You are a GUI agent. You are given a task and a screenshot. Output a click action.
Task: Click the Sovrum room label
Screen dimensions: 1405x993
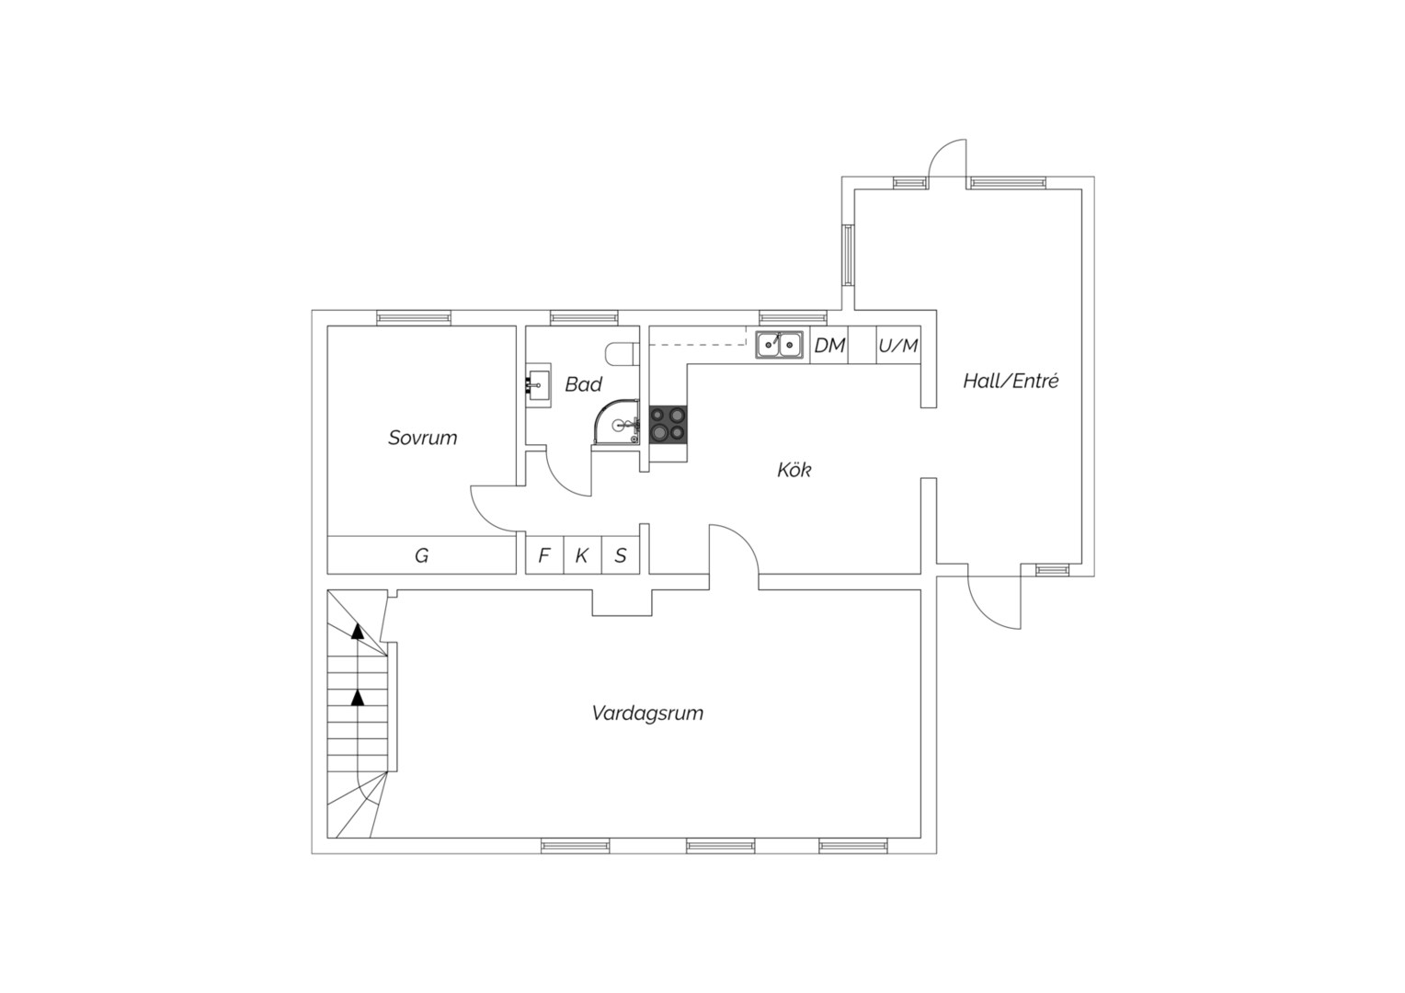click(422, 438)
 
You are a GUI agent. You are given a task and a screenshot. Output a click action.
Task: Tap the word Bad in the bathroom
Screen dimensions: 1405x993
click(583, 384)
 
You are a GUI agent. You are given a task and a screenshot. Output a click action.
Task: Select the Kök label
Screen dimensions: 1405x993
click(794, 469)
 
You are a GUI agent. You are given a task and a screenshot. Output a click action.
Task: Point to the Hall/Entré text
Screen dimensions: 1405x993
click(1011, 381)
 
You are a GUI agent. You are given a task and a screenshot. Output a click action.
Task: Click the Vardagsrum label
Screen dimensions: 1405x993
click(647, 713)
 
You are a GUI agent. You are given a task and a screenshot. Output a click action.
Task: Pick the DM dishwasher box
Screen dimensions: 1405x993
click(829, 345)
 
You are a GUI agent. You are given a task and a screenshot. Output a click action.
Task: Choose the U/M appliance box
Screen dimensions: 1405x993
click(898, 345)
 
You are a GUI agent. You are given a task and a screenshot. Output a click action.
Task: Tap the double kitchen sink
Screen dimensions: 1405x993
click(779, 345)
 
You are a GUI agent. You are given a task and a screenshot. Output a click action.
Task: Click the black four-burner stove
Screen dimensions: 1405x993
click(668, 425)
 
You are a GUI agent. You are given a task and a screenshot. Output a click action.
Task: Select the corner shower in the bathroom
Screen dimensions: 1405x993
click(617, 423)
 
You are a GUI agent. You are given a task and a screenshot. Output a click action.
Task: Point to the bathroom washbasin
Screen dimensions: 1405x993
click(538, 384)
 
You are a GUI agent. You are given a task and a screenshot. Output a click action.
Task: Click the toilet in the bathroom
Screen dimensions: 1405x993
click(623, 353)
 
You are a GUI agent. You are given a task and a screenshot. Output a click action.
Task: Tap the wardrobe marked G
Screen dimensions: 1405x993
click(421, 555)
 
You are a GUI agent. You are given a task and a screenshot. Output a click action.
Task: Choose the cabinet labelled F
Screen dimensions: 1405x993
click(544, 555)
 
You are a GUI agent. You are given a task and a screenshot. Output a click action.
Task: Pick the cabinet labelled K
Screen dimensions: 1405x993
click(582, 555)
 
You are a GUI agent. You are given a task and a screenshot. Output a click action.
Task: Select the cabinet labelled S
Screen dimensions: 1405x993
click(621, 555)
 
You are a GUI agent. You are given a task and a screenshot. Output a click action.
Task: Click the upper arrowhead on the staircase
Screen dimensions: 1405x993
click(358, 631)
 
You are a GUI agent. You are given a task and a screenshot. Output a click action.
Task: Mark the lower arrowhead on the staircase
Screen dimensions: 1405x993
click(358, 697)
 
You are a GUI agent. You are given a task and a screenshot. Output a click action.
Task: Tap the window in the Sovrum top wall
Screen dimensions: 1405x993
click(414, 317)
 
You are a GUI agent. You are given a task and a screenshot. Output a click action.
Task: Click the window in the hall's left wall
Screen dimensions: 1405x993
click(848, 255)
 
